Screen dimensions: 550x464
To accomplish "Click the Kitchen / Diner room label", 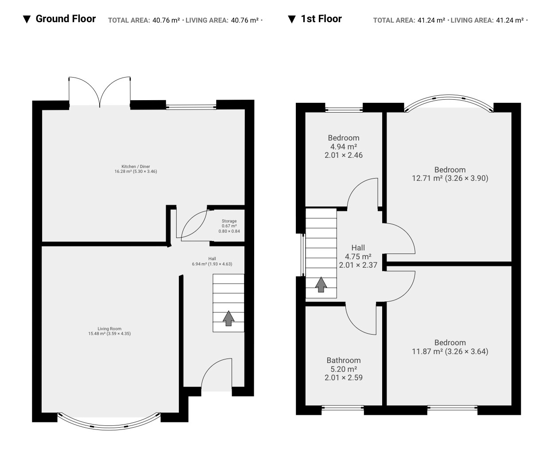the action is pos(136,169).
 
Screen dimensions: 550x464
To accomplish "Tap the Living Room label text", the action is pos(109,331).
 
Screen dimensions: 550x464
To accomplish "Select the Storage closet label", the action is pos(229,226).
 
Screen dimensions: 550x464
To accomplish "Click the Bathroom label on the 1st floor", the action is pos(344,369).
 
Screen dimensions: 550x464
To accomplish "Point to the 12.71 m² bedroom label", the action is pos(450,174).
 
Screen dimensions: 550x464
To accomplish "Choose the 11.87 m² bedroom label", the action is pos(450,347).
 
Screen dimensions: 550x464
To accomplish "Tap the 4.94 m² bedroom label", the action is pos(344,146).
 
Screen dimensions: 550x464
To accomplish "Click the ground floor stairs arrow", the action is pos(229,318).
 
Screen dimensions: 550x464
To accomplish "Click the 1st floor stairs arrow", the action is pos(321,285).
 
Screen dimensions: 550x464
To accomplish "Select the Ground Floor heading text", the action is pos(66,19).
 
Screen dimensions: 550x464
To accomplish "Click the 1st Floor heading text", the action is pos(321,19).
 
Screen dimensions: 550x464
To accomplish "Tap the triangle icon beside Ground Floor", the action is pos(27,19).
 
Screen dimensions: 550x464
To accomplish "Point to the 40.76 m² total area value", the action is pos(166,20).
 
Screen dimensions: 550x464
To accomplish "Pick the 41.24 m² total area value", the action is pos(431,20).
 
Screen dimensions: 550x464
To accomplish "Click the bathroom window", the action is pos(343,408).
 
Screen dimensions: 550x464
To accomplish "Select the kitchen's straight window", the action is pos(191,107).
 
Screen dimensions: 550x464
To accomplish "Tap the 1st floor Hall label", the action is pos(358,256).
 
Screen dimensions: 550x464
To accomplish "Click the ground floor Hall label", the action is pos(212,261).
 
